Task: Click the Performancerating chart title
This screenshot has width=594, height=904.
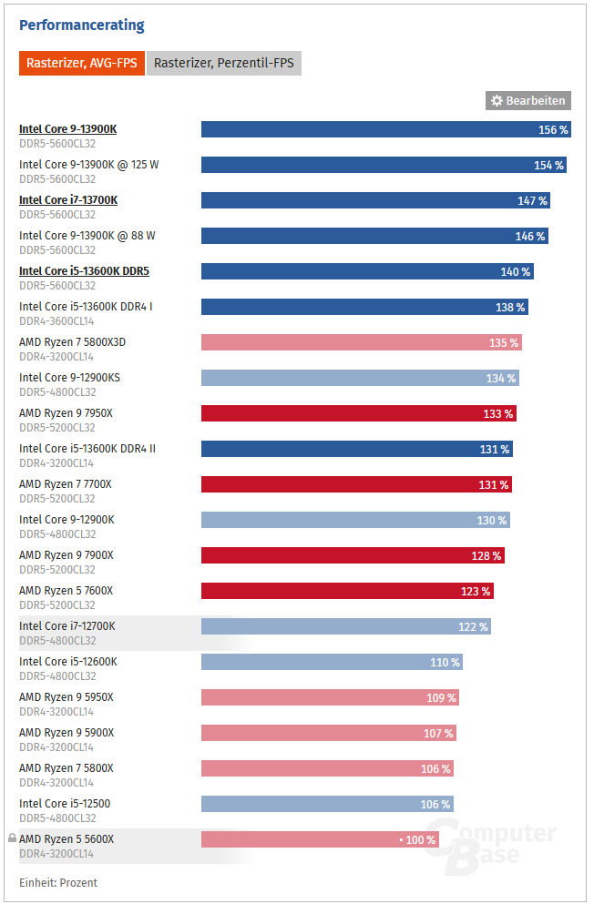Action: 82,25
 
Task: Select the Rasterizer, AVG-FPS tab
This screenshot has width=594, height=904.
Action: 81,64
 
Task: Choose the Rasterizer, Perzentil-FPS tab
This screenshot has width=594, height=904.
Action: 223,64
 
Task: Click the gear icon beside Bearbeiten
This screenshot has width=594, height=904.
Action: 497,101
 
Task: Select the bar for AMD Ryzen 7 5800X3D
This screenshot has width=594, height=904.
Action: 361,342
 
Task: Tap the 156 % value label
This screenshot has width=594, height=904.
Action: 553,130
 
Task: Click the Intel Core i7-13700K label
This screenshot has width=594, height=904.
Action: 68,200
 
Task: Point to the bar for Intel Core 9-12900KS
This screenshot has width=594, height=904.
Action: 360,378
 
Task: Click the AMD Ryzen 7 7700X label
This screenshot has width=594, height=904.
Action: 66,484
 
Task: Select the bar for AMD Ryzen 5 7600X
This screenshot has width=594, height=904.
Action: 346,591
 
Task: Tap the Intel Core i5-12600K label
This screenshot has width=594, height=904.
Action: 68,662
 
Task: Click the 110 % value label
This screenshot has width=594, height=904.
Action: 445,663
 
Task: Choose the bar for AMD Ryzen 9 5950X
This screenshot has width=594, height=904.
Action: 330,697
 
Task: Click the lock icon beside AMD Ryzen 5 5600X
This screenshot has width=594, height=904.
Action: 12,838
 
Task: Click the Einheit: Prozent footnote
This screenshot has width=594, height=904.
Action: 58,883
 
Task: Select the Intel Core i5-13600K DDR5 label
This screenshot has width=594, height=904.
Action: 84,271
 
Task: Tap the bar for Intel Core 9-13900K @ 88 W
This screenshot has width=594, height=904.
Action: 374,236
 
